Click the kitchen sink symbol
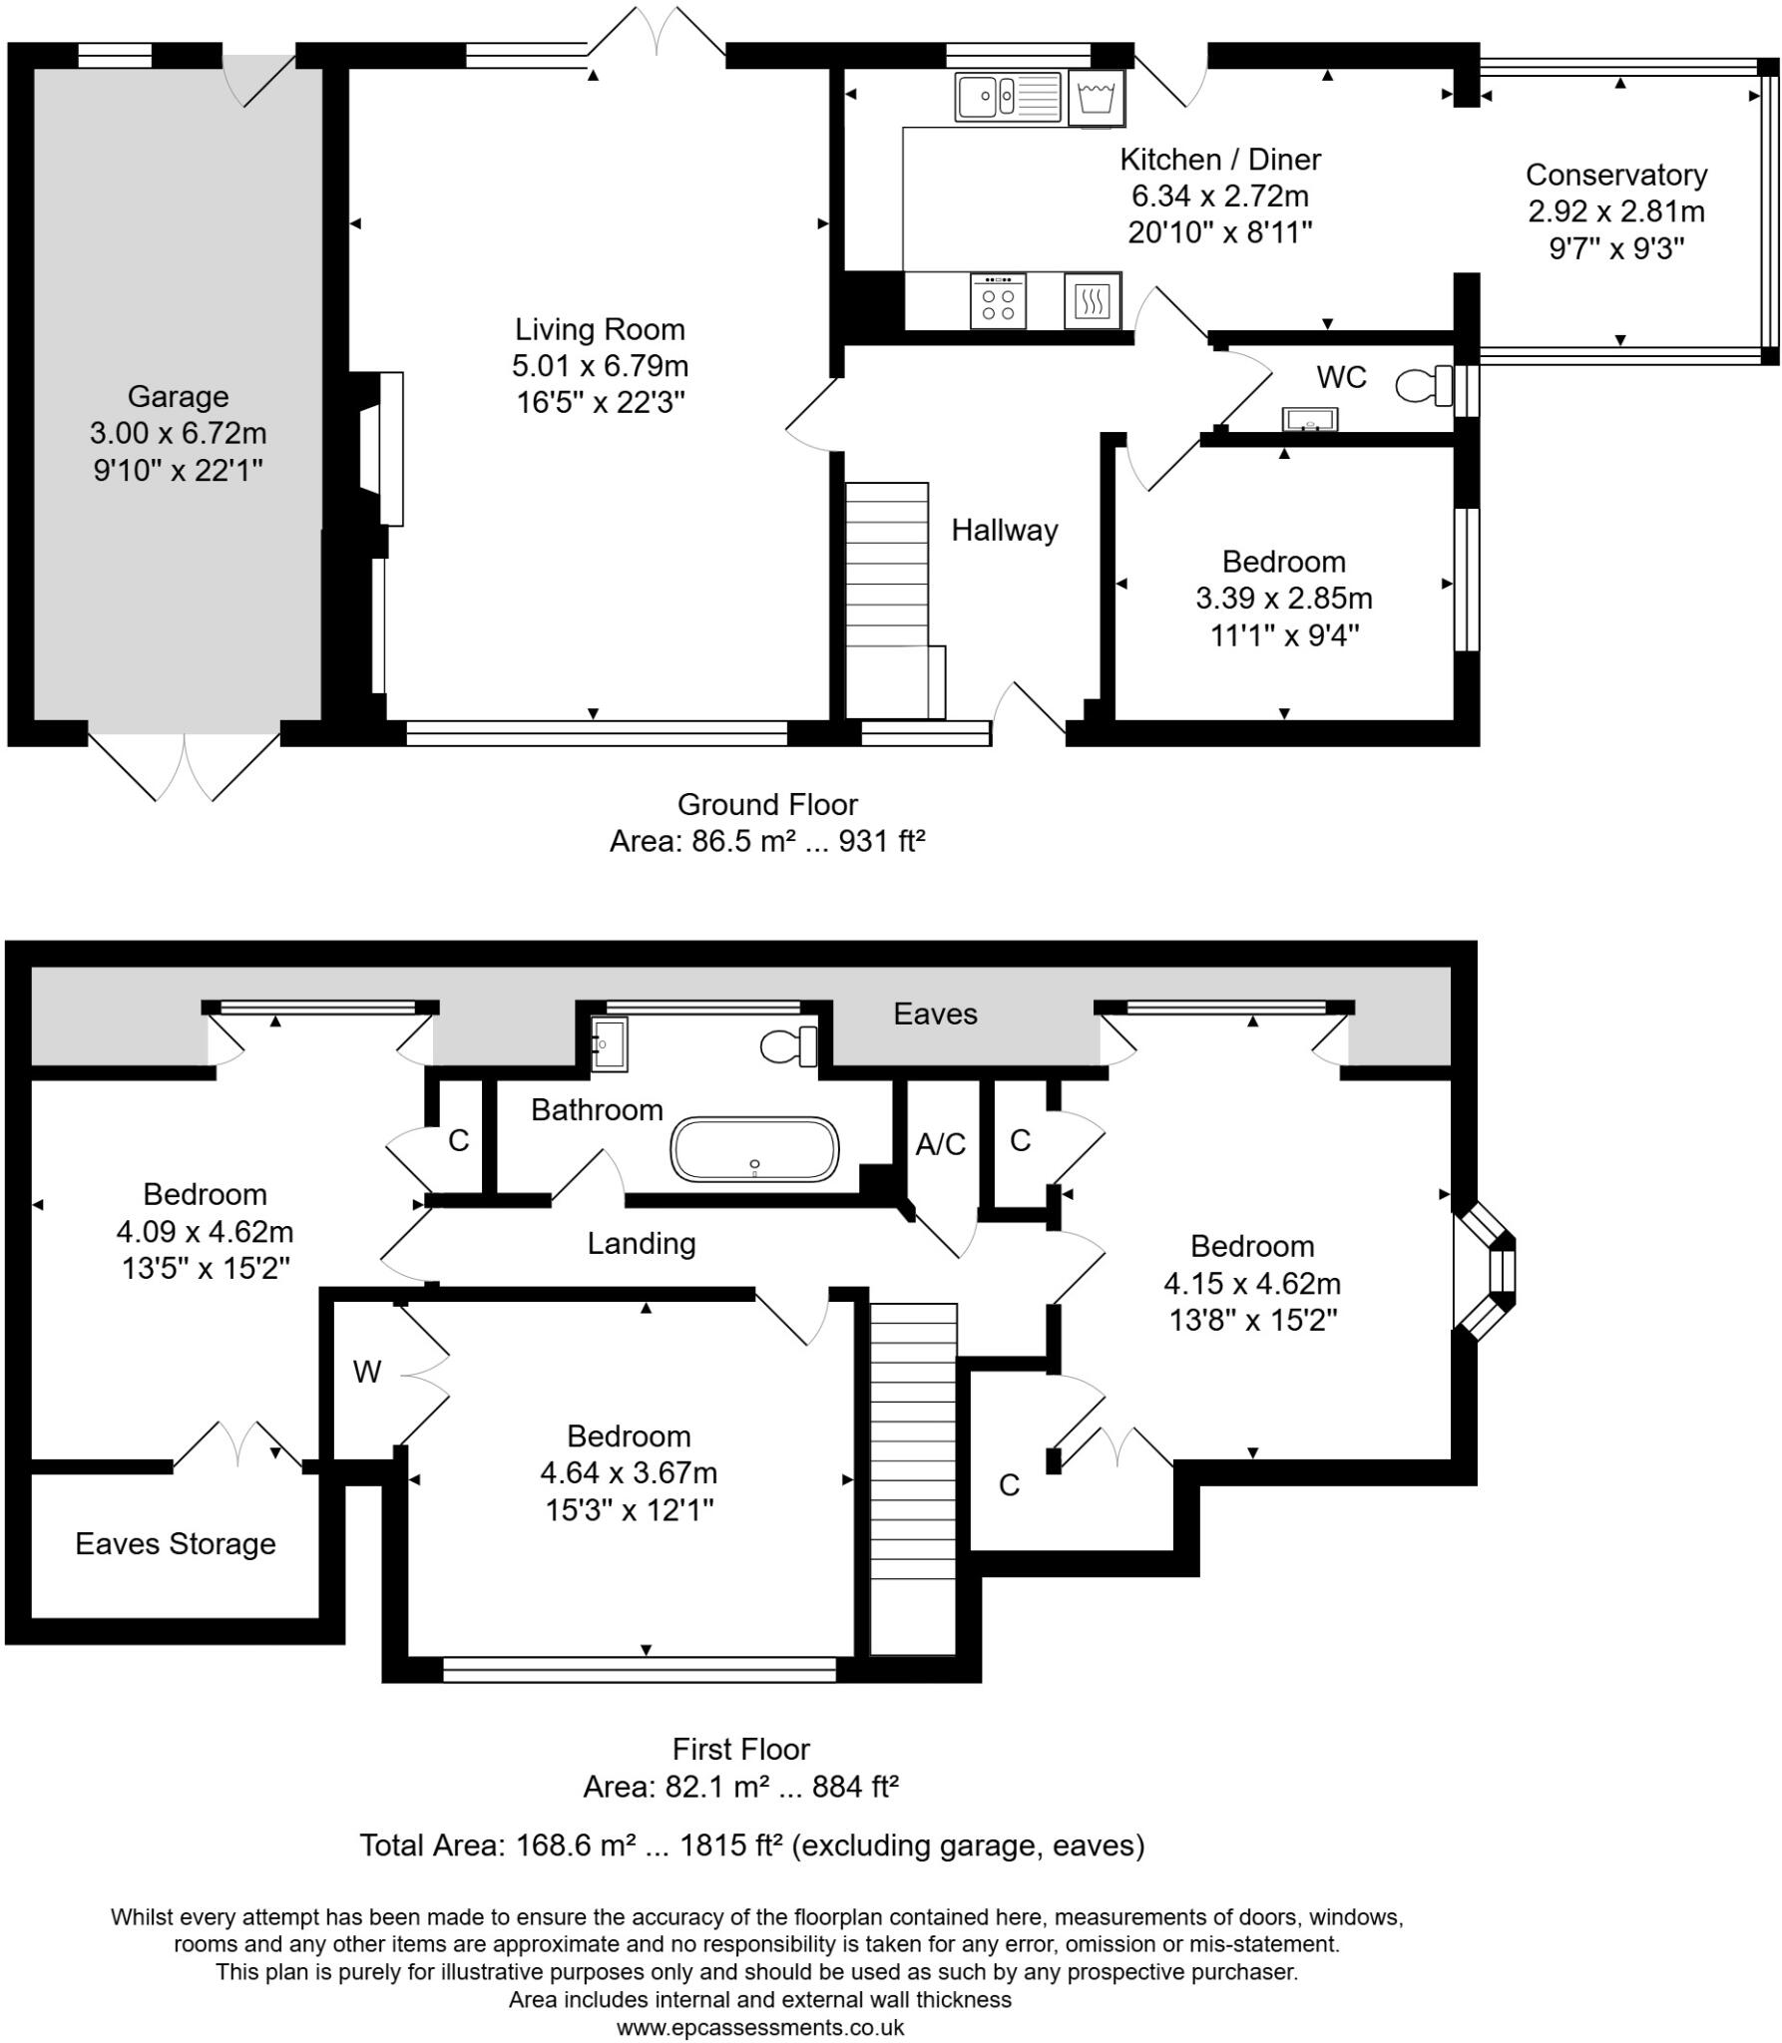pos(1008,97)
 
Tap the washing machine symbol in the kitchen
pos(1096,98)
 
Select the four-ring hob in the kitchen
pos(997,300)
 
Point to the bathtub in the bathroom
pos(755,1149)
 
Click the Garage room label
pos(178,397)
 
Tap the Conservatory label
pos(1615,175)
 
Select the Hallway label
pos(1004,530)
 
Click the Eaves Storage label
pos(175,1543)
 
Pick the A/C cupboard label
pos(940,1144)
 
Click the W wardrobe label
pos(366,1373)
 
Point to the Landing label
pos(641,1243)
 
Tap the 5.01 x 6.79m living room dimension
pos(600,366)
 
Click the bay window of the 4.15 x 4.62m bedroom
pos(1492,1271)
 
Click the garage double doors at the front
pos(185,763)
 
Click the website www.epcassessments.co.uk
pos(759,2027)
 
